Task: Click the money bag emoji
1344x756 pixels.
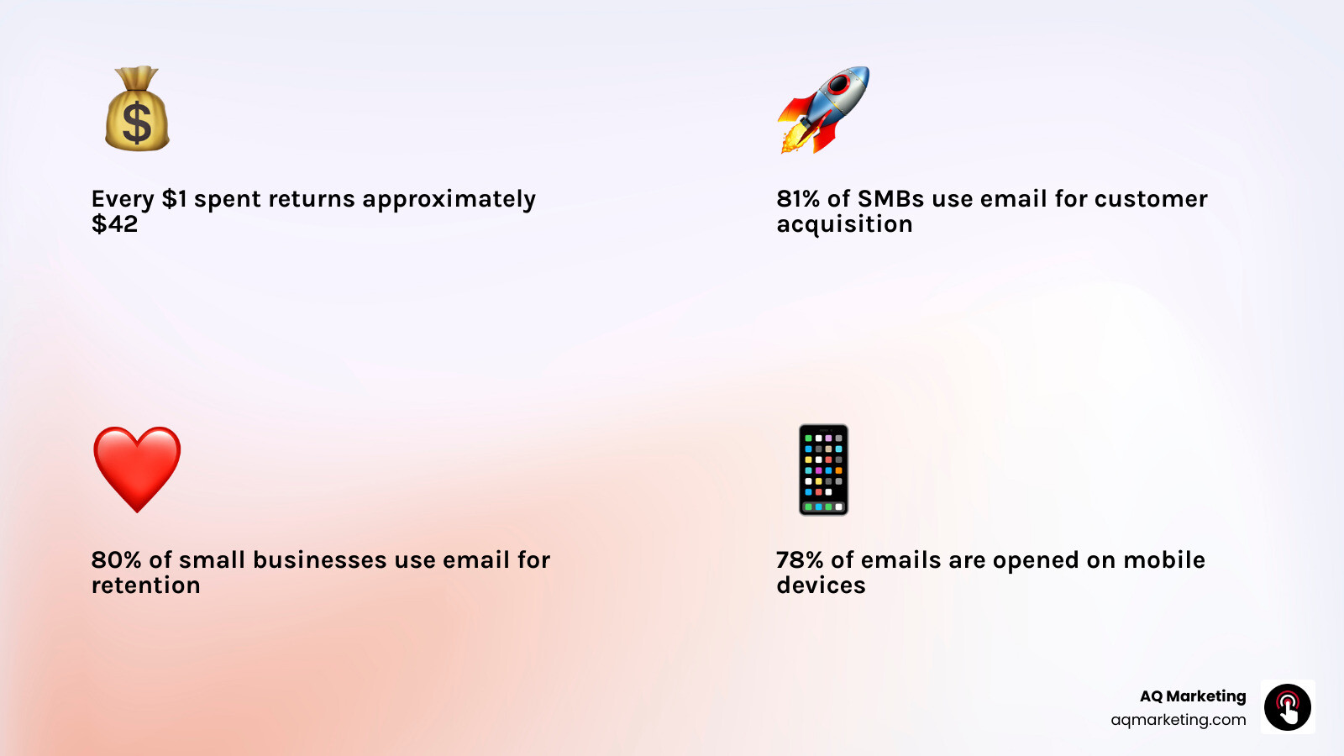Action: (137, 109)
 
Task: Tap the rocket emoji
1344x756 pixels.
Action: (823, 109)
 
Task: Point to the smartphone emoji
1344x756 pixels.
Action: (823, 470)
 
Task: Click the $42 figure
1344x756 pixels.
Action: (114, 224)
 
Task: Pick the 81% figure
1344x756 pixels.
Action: (798, 199)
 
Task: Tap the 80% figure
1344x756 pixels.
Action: (116, 560)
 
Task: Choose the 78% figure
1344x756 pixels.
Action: (800, 560)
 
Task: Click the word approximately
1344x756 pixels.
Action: (449, 200)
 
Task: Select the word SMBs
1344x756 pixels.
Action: (891, 199)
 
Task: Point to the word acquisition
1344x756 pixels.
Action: (844, 225)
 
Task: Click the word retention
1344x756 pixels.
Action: (146, 585)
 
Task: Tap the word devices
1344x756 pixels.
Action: (821, 585)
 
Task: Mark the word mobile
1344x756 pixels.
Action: (1164, 560)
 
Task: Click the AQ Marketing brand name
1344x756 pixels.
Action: (1193, 696)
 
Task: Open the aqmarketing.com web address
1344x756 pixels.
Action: (1179, 720)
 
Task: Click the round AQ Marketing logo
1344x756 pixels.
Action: (1288, 707)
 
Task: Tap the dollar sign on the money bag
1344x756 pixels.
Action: (137, 122)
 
